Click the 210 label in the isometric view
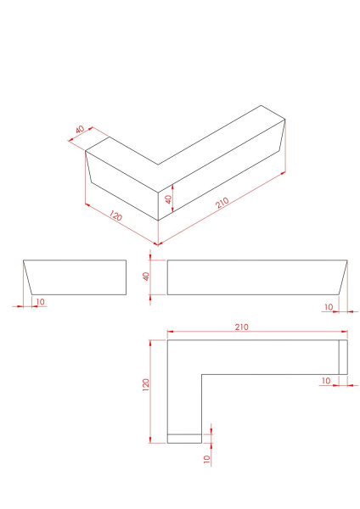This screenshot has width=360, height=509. pos(222,203)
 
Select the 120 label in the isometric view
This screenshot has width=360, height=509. pos(115,215)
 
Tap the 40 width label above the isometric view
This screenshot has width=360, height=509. pos(80,130)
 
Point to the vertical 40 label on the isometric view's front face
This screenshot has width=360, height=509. pos(168,199)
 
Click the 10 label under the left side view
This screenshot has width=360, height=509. pos(40,302)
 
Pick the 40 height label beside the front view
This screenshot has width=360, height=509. pos(146,277)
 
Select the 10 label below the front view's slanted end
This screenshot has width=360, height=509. pos(329,307)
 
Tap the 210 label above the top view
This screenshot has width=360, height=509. pos(241,327)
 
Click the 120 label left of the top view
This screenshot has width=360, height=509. pos(145,384)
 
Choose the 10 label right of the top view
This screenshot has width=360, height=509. pos(326,380)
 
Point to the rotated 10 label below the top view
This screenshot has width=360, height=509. pos(207,459)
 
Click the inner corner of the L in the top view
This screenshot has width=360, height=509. pos(202,375)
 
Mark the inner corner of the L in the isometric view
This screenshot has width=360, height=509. pos(158,165)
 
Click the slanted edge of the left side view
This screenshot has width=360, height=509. pos(28,277)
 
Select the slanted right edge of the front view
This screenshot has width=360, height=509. pos(343,277)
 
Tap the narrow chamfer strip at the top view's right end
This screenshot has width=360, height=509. pos(343,357)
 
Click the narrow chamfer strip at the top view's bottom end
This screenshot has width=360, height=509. pos(184,439)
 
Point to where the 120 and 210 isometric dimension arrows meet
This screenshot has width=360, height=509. pos(158,244)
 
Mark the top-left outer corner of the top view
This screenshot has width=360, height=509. pos(167,340)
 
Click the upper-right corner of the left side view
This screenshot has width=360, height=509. pos(126,260)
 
